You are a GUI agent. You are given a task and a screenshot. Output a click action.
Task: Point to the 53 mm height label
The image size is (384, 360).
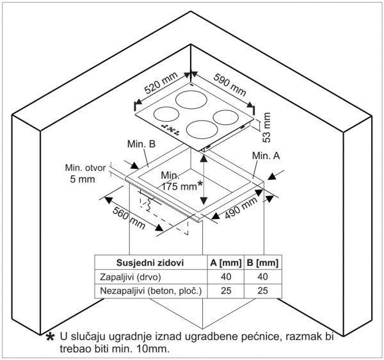268,127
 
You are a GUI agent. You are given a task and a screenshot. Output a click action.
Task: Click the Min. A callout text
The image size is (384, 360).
267,156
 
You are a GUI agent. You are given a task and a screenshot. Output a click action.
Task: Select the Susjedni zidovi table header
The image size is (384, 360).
150,263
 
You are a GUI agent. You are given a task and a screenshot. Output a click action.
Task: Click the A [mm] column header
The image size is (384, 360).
225,263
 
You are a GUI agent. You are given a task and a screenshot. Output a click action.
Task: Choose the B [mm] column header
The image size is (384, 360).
263,263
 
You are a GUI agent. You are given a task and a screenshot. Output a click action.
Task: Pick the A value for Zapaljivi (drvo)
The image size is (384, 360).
225,277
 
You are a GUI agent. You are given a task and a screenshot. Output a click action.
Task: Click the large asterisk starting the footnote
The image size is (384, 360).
50,338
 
